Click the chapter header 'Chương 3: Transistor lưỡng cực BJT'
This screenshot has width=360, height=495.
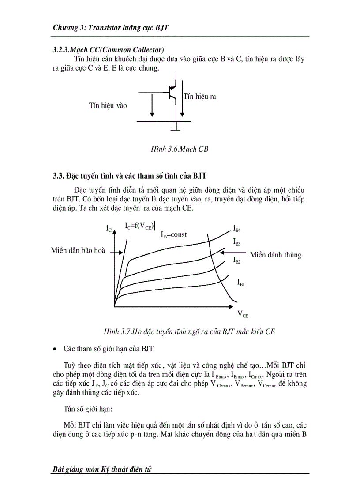tap(111, 28)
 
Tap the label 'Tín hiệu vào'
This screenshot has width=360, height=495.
tap(108, 105)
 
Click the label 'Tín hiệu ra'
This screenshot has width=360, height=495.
tap(199, 97)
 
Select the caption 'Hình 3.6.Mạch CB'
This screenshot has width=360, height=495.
tap(179, 149)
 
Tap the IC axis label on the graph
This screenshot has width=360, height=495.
tap(109, 228)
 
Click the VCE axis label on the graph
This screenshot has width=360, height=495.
tap(243, 314)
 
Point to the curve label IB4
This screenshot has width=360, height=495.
tap(236, 228)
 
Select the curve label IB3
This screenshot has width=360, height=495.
tap(236, 242)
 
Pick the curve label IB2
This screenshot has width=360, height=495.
tap(236, 260)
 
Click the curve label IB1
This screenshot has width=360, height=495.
tap(241, 282)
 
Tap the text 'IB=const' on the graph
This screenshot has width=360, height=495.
tap(173, 234)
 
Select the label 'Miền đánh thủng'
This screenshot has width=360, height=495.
tap(275, 255)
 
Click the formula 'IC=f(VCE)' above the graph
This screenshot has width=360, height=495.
tap(139, 226)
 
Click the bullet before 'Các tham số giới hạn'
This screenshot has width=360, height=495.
tap(55, 349)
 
